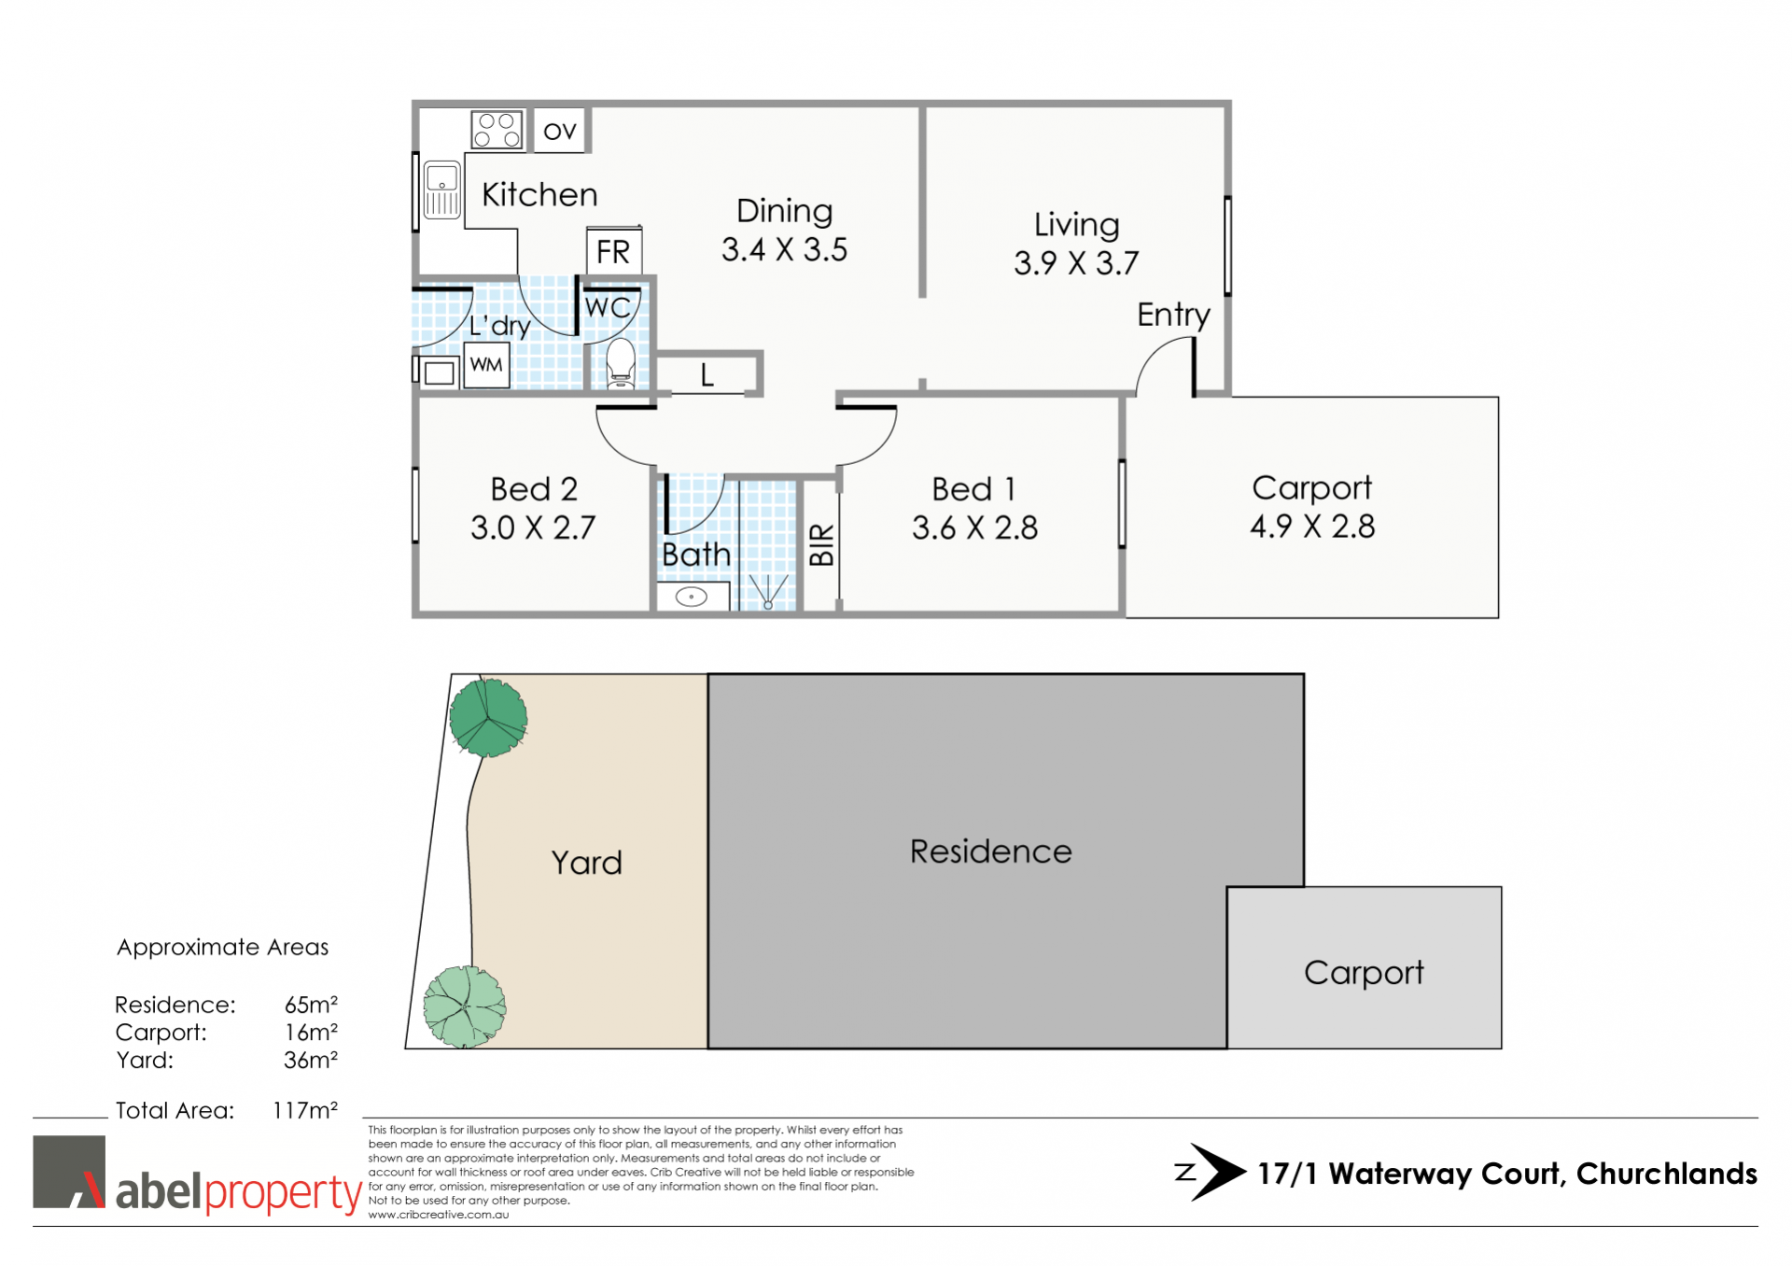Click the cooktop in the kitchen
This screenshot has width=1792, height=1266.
point(497,130)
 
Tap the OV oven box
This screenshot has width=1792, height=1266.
point(559,131)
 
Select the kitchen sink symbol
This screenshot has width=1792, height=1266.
point(442,190)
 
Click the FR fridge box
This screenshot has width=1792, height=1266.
point(613,251)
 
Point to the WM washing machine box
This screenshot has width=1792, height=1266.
point(486,365)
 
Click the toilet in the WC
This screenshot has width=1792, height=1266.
point(621,363)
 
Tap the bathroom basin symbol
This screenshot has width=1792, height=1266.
point(692,597)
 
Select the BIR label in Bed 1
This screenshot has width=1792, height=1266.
point(821,544)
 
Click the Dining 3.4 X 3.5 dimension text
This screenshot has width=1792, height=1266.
point(784,250)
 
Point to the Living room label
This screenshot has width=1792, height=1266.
point(1076,225)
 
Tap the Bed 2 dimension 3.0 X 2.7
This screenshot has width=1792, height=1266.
point(533,527)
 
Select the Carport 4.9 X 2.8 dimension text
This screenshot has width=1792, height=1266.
point(1312,527)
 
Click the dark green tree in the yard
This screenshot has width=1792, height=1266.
point(488,717)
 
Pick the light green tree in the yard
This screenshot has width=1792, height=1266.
point(465,1007)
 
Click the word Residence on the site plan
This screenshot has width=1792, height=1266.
point(990,851)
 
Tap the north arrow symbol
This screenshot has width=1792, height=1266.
point(1211,1172)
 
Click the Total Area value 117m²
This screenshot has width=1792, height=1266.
point(305,1110)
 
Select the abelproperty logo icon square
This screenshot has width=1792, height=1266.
point(69,1172)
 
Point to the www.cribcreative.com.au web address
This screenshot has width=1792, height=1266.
point(439,1215)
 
